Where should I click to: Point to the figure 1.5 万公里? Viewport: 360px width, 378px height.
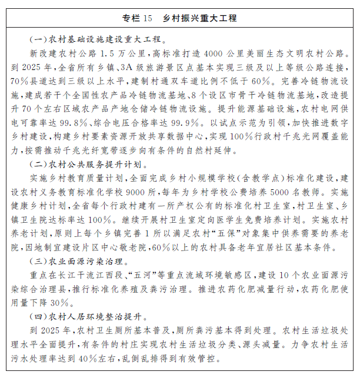tap(126, 53)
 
